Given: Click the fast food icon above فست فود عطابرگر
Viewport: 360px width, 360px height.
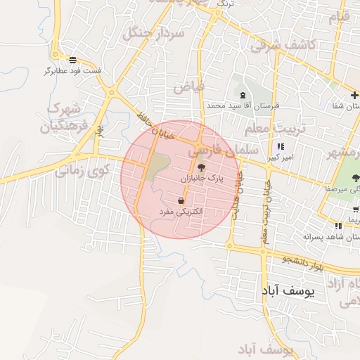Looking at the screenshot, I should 74,60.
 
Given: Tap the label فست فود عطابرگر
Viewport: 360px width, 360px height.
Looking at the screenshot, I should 73,71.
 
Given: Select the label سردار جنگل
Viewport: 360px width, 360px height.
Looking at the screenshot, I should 153,33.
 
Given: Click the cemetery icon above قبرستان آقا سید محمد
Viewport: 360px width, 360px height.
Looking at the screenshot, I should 243,95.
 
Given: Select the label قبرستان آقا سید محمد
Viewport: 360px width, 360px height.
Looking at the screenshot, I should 243,105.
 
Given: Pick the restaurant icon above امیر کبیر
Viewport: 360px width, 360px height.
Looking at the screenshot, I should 281,147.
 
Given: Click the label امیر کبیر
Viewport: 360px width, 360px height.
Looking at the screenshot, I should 280,157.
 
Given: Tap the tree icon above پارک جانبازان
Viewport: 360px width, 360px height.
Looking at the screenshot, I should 202,168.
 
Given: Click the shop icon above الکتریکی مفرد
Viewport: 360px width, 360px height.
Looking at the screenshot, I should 182,200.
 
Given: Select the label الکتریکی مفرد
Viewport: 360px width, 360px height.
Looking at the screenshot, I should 181,211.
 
